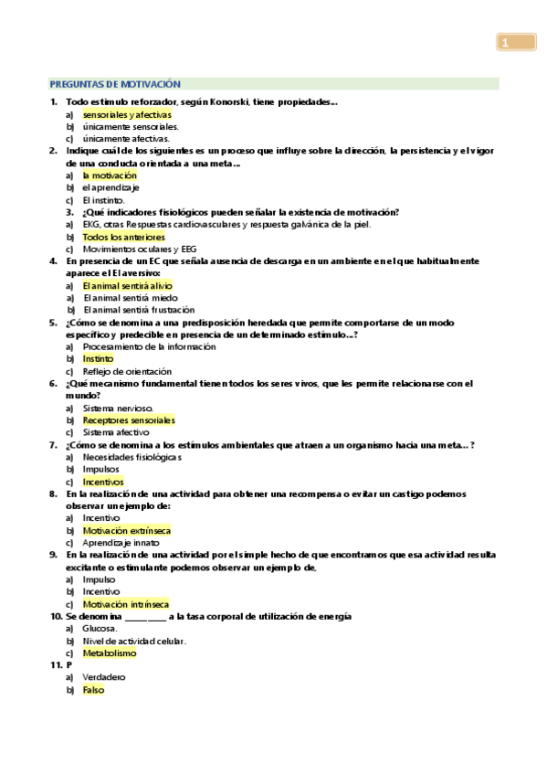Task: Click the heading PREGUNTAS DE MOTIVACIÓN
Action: pos(115,83)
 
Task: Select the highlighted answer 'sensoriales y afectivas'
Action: pos(126,114)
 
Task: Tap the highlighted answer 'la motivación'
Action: pos(109,175)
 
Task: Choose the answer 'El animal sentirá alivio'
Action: pos(126,285)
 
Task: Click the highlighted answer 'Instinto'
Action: pos(98,359)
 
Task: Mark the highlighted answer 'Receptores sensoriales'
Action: pos(128,420)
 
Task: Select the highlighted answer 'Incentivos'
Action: pos(102,482)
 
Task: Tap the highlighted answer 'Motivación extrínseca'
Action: pos(126,530)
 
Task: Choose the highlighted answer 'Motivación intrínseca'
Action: pos(125,604)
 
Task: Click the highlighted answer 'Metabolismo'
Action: pos(109,653)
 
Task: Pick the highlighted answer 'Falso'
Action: pos(93,690)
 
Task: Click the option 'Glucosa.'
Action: pos(100,629)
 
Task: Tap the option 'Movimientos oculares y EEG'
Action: pos(139,249)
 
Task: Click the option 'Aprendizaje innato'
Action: pos(116,543)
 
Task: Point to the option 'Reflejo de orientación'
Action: pos(126,372)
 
